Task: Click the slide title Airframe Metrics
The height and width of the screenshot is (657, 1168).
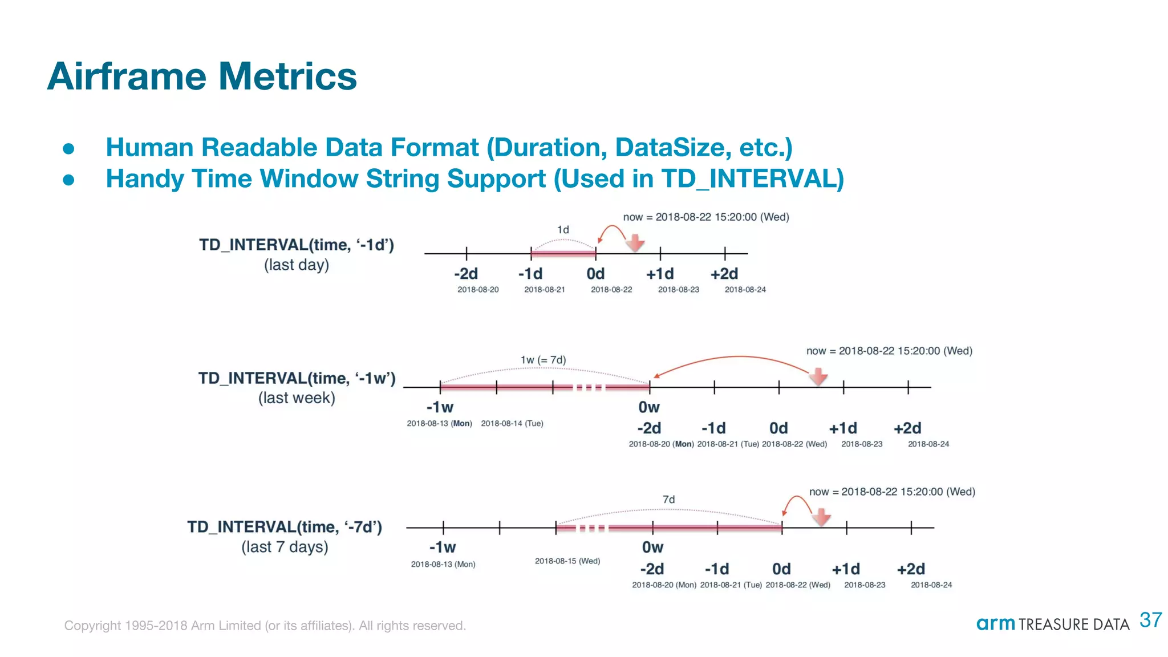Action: (x=202, y=76)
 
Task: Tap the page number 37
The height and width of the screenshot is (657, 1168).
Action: (x=1150, y=620)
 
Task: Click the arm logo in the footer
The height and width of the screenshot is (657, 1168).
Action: (x=995, y=623)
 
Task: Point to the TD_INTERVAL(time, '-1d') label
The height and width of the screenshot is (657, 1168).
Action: (x=297, y=245)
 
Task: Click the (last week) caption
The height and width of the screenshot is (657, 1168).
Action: (x=297, y=398)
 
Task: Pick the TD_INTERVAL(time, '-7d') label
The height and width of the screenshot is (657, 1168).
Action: (x=285, y=527)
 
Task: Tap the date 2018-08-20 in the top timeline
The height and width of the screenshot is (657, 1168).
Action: (x=478, y=290)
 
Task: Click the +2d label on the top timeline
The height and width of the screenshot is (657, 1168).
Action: (x=724, y=274)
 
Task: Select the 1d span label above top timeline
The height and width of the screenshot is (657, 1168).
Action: (x=563, y=230)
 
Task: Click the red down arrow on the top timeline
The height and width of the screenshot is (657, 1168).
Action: (x=635, y=243)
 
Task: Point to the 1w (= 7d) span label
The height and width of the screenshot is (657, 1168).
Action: (x=543, y=360)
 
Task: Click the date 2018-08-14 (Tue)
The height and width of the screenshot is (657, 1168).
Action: (x=512, y=424)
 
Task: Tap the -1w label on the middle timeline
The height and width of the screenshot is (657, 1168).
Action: (x=440, y=408)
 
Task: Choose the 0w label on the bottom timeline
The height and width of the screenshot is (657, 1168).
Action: (x=652, y=547)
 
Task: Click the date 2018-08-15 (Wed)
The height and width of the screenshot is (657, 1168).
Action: (x=567, y=561)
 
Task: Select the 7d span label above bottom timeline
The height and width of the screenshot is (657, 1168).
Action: (x=668, y=500)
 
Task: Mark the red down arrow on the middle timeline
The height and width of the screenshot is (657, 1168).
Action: (x=818, y=376)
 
